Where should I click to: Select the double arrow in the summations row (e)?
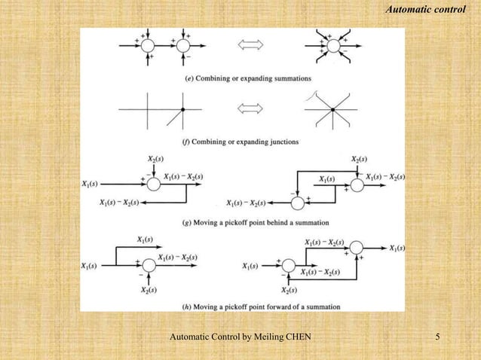[x=251, y=45]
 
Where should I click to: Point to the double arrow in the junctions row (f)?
[x=251, y=110]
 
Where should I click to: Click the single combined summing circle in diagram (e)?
[x=332, y=45]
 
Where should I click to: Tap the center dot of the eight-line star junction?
[x=332, y=110]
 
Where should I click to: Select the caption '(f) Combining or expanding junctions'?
[x=241, y=141]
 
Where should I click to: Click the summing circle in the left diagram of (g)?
[x=153, y=183]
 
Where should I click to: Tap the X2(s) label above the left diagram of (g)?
[x=153, y=160]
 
